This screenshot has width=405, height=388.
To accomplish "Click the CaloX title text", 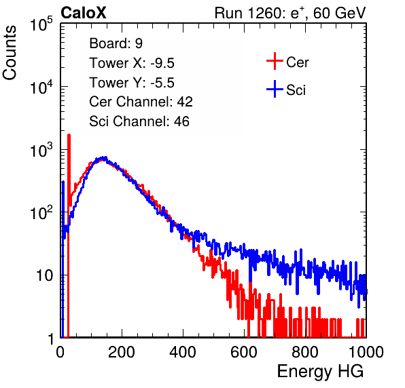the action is tap(84, 13).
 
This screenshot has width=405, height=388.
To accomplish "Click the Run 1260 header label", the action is tap(249, 13).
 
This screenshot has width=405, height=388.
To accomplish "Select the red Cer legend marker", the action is tap(275, 61).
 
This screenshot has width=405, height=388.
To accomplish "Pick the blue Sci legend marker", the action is tap(275, 89).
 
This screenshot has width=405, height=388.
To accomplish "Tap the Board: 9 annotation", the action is tap(116, 43).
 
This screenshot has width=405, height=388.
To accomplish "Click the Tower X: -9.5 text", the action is tap(132, 63).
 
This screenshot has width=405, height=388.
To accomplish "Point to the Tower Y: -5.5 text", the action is tap(132, 83).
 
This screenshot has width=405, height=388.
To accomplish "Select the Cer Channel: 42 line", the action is tap(141, 102).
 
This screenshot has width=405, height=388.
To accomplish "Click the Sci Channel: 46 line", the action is tap(139, 121).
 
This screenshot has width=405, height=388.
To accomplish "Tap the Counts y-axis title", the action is tap(10, 53).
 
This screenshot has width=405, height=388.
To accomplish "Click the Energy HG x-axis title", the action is tap(320, 372).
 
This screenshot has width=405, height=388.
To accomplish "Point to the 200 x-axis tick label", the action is tap(122, 352).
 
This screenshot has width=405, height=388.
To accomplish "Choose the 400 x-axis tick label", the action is tap(183, 352).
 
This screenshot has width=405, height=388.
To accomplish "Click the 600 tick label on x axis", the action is tap(244, 352).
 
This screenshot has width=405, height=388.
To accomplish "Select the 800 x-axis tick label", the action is tap(305, 352).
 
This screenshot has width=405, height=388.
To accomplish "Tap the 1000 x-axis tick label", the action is tap(366, 352).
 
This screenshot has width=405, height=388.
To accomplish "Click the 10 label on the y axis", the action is tap(44, 275).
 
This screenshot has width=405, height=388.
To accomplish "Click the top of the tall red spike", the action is tap(69, 135).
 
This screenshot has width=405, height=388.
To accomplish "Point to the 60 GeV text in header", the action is tap(339, 13).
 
